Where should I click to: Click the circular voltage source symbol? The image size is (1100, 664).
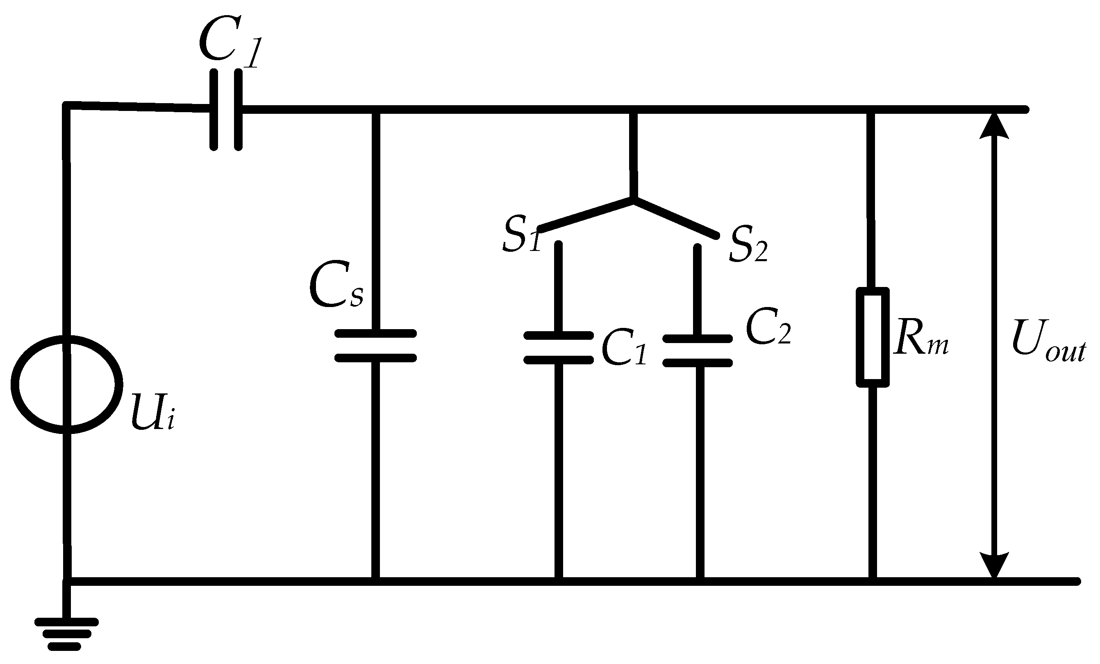coord(66,384)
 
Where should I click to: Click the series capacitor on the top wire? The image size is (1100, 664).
coord(226,109)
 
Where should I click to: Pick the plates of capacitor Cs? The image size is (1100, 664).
coord(375,346)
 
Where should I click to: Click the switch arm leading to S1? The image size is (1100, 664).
coord(585,215)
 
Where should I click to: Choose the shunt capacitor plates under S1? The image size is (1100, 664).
coord(558,348)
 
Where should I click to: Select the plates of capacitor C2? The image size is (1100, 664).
coord(697,351)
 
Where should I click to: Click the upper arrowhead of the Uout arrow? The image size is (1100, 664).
coord(994,126)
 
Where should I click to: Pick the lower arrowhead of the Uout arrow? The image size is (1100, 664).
coord(994,565)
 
